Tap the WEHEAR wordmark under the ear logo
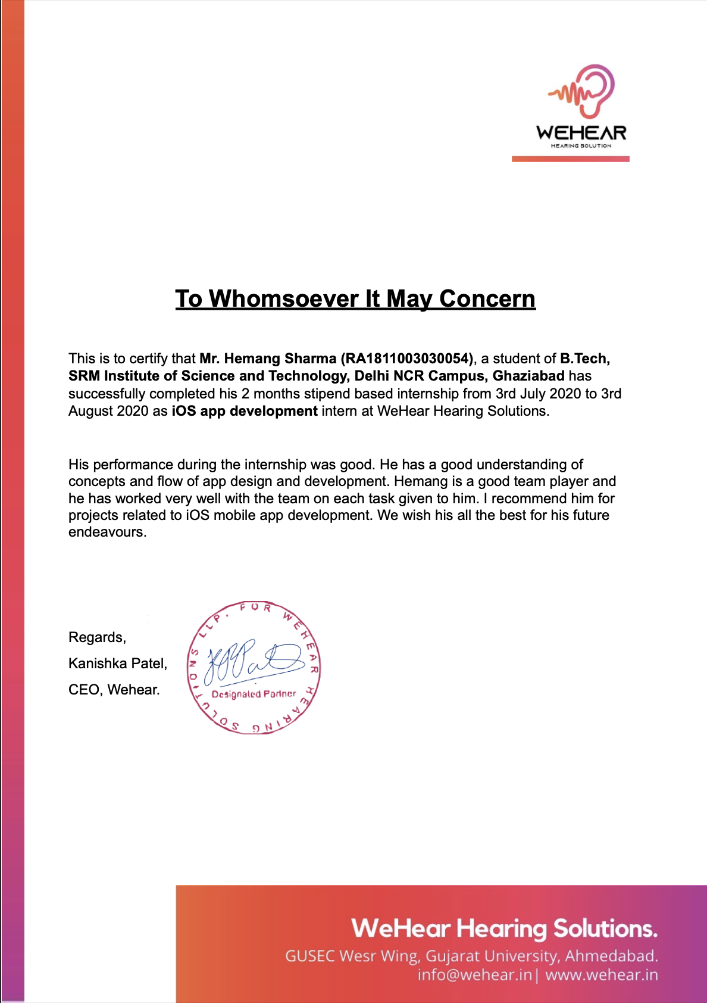pos(581,133)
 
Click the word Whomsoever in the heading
pos(283,298)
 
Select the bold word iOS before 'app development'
pos(184,411)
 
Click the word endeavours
pos(107,532)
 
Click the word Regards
pos(97,637)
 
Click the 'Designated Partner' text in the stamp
pos(254,694)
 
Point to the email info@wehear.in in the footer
pos(474,975)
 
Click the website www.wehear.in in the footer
pos(602,975)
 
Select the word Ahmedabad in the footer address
pos(611,956)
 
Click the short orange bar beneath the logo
pos(570,159)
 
